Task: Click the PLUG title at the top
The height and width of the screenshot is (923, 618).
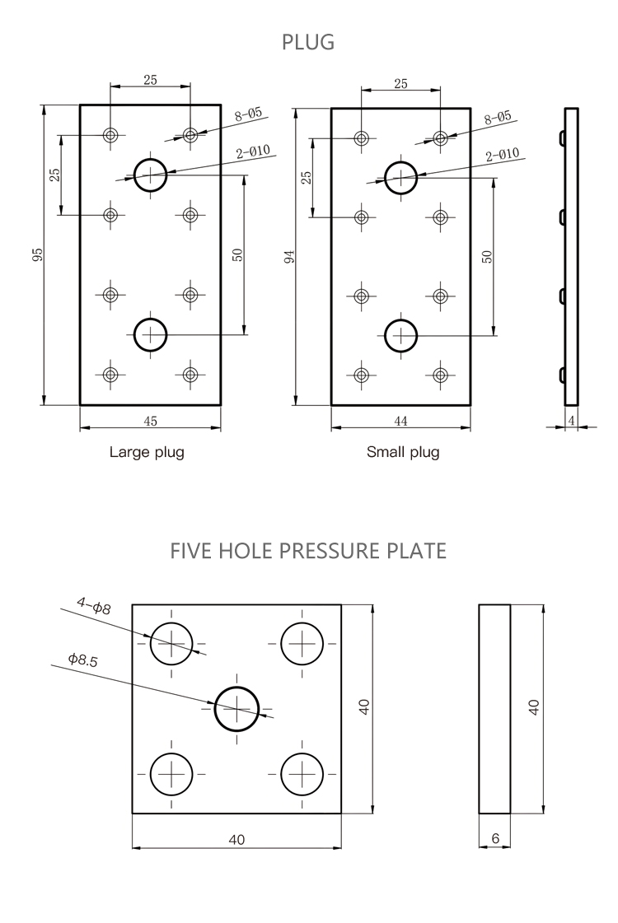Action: [308, 43]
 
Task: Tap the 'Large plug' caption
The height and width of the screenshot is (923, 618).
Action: [147, 452]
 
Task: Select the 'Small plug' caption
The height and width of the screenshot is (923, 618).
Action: [403, 452]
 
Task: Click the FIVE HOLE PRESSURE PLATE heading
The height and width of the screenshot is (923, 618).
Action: [308, 550]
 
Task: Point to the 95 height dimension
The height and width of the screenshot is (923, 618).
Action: [37, 254]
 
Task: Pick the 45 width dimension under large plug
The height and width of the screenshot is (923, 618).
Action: [150, 421]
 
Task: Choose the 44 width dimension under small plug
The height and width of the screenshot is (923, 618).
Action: [401, 421]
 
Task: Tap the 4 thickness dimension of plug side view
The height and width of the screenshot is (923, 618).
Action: [571, 421]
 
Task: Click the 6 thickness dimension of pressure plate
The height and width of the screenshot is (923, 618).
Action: [494, 839]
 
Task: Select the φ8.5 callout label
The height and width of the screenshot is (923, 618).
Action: [82, 660]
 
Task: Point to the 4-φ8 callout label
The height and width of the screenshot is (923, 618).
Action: [93, 607]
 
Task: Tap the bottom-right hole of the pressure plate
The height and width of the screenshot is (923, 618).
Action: [302, 773]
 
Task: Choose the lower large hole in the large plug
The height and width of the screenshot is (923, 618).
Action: [150, 334]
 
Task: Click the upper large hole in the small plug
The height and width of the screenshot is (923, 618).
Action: [401, 175]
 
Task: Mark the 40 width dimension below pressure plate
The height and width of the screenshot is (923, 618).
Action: [236, 840]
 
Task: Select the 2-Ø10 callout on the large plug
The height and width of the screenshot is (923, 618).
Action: [253, 152]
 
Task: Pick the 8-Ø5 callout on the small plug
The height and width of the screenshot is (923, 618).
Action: [498, 118]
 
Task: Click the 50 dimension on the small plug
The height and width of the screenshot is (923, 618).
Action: [487, 256]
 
